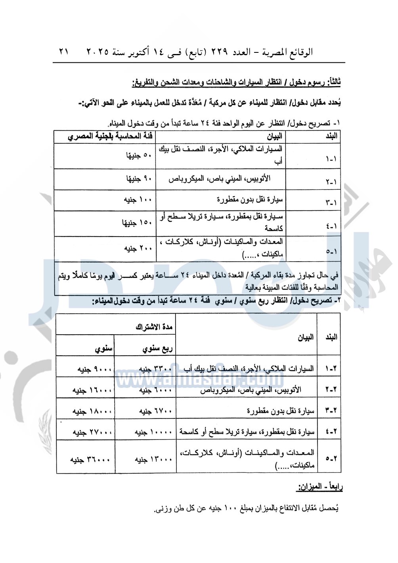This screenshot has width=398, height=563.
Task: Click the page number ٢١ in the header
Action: coord(64,52)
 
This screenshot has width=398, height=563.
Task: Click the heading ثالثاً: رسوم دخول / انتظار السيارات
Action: coord(236,83)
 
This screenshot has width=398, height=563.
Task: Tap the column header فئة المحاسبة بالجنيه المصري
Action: coord(110,136)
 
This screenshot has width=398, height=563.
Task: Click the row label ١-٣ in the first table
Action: coord(331,202)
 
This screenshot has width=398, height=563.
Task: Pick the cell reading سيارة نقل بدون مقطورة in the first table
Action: coord(250,199)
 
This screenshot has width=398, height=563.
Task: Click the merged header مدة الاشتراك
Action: coord(154,327)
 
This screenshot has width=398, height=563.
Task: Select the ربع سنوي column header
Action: coord(158,349)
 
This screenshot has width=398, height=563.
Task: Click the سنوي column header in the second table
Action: coord(104,349)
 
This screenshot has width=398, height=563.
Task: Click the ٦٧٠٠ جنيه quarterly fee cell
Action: coord(156,411)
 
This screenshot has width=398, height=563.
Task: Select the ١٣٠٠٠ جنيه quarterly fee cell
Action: coord(153,459)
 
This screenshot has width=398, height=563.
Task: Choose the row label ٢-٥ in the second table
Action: coord(331,458)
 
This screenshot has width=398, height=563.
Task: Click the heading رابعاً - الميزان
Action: coord(320,487)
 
